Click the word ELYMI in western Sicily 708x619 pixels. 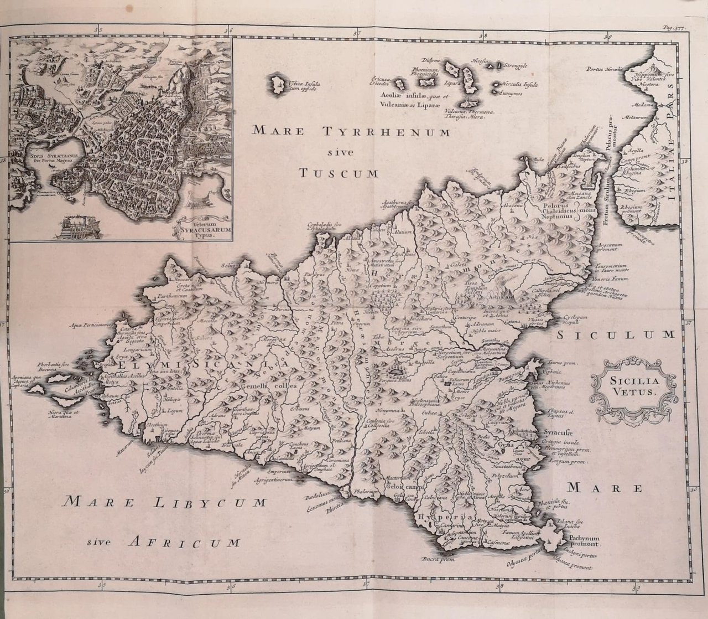128,365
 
